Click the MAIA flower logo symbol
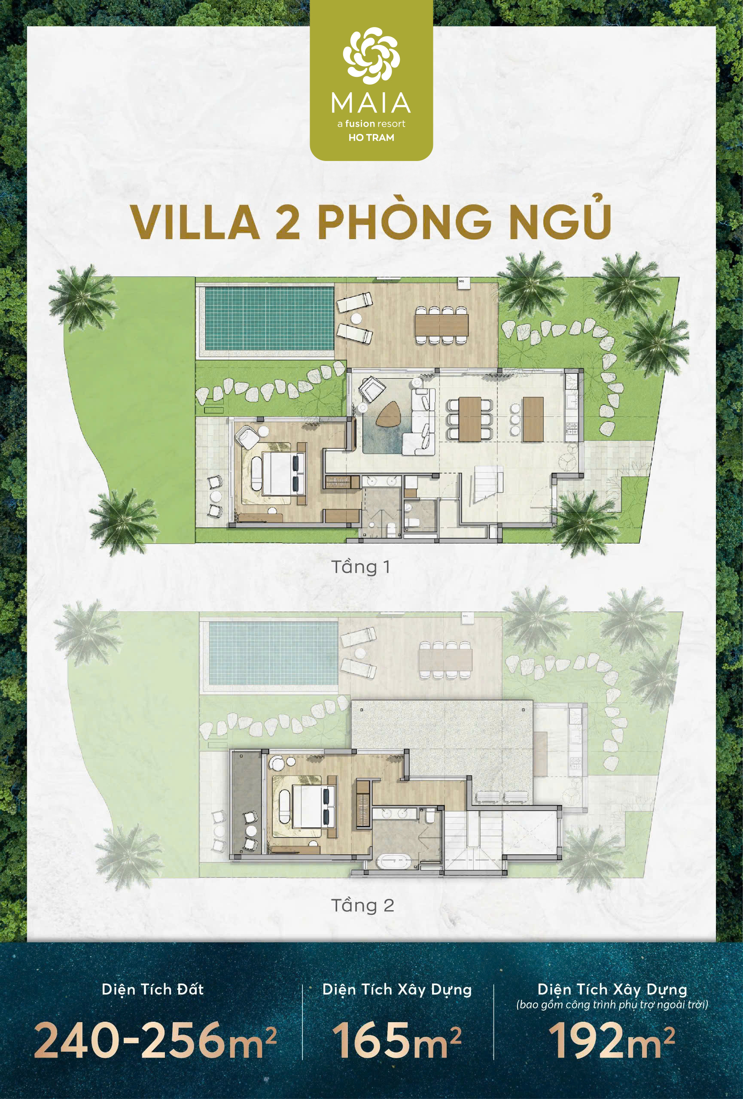pos(371,56)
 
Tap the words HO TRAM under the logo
pos(371,138)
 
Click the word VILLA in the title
pos(195,222)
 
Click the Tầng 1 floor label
pos(361,567)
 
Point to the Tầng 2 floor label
pos(363,905)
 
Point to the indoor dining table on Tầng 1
pos(470,419)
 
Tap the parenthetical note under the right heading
pos(612,1005)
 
